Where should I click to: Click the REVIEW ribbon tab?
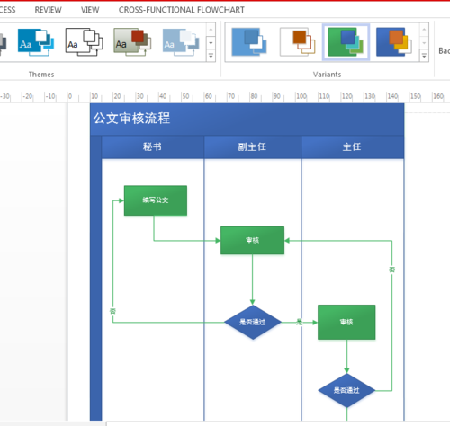(x=48, y=9)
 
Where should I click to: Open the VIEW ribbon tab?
(x=90, y=9)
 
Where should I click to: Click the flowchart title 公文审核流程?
(x=131, y=119)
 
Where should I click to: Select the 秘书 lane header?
(x=153, y=146)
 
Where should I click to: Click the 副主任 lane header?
(x=253, y=146)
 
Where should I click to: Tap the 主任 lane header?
(x=352, y=146)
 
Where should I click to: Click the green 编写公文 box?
(x=156, y=200)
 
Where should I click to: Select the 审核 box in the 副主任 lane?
(x=253, y=240)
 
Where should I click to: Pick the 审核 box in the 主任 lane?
(x=346, y=321)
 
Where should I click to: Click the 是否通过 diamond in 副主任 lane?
(x=253, y=321)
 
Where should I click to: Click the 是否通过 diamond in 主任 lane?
(x=346, y=390)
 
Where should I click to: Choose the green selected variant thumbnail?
(x=346, y=41)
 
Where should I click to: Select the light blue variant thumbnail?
(x=247, y=41)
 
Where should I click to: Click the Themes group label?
(x=41, y=74)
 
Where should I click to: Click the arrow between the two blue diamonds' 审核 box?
(x=300, y=321)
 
